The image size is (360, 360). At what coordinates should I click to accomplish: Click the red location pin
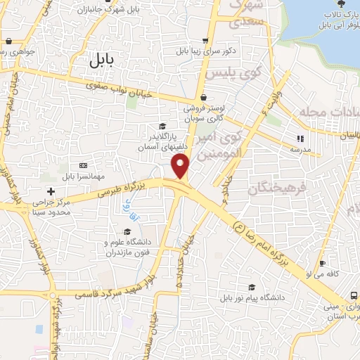click(x=181, y=166)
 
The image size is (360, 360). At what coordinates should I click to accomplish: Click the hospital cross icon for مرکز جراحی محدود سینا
click(x=50, y=191)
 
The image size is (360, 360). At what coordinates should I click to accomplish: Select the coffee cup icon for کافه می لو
click(x=322, y=264)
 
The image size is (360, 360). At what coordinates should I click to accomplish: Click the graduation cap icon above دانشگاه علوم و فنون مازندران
click(x=127, y=231)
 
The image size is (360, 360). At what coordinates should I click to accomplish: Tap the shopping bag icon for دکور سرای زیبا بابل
click(x=204, y=41)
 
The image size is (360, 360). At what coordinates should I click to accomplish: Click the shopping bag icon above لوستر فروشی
click(x=203, y=97)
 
